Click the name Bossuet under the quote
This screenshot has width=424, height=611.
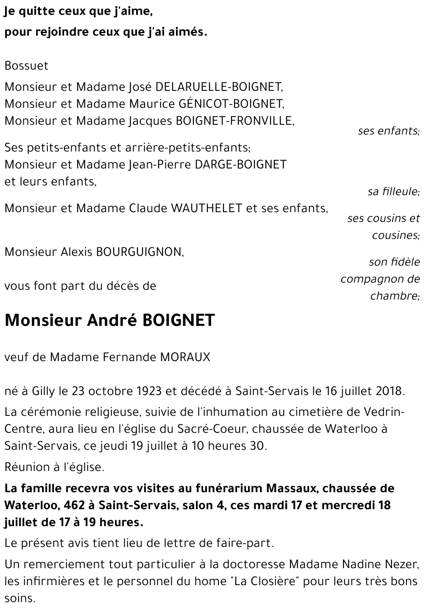click(x=26, y=66)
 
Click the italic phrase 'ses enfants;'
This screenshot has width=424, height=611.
click(x=388, y=131)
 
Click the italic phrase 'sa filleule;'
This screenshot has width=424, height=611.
click(x=393, y=192)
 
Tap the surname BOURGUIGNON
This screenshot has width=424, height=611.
click(x=139, y=252)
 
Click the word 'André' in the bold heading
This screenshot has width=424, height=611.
click(x=112, y=320)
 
